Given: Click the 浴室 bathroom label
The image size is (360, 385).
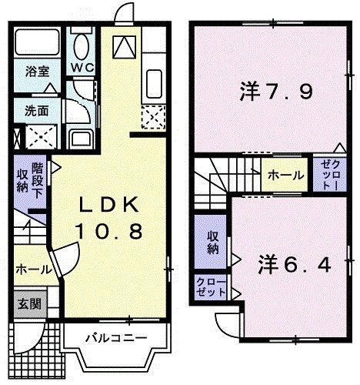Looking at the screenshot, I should [37, 72].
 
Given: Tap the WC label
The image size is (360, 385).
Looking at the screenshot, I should [82, 67].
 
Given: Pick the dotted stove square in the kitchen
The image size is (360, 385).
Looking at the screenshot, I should [152, 117].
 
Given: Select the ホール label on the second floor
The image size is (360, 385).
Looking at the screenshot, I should [285, 176].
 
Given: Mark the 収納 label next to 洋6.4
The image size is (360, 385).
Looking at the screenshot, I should [212, 243].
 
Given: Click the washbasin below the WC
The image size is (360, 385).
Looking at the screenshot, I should [79, 138].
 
